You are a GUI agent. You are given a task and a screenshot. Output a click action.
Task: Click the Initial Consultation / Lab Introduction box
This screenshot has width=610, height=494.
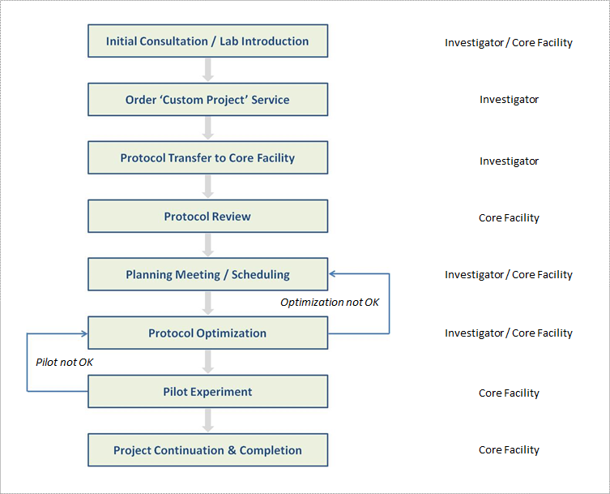207,41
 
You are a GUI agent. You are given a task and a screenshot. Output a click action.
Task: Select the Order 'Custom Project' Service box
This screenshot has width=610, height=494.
207,100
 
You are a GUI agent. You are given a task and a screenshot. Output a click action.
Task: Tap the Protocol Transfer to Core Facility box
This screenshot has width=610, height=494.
207,158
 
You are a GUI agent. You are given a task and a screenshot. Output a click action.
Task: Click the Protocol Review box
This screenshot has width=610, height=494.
207,217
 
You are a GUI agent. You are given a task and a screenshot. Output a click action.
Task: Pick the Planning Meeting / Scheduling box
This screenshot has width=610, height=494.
207,275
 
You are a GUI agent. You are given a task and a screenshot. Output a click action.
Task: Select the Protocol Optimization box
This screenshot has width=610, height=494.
207,333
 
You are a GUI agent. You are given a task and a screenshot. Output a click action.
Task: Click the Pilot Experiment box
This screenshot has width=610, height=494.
207,392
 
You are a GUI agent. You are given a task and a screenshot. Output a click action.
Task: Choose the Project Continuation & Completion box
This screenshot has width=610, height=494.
207,450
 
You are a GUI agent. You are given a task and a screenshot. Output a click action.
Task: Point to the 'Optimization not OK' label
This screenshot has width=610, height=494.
330,303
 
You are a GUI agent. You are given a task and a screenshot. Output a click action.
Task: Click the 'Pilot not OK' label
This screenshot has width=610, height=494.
65,362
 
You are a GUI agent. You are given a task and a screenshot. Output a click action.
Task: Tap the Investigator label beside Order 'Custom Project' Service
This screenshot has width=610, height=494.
509,100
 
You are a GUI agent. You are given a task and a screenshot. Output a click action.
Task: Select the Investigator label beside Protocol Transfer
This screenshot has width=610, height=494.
509,161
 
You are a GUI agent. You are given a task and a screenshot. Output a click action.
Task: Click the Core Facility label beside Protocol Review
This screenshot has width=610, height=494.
509,218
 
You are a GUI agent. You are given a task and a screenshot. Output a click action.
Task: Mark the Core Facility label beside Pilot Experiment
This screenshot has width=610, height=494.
509,393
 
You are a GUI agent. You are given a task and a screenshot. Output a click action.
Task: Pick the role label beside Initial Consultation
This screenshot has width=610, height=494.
509,43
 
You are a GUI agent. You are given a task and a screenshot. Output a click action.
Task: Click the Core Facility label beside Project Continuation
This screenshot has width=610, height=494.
509,450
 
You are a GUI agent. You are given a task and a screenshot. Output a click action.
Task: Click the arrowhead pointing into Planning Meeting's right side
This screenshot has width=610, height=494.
332,275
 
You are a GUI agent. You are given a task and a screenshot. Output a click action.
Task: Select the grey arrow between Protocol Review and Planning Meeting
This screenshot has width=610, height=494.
208,246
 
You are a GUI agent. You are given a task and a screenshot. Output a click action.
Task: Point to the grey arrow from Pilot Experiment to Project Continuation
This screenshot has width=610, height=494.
208,421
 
